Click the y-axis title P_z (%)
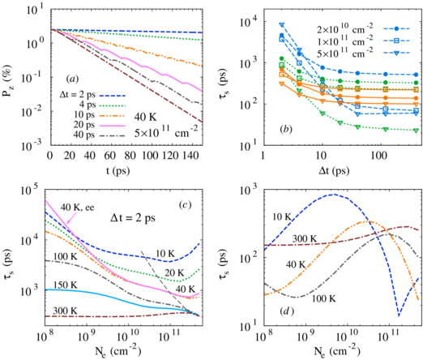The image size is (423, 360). click(x=11, y=76)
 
